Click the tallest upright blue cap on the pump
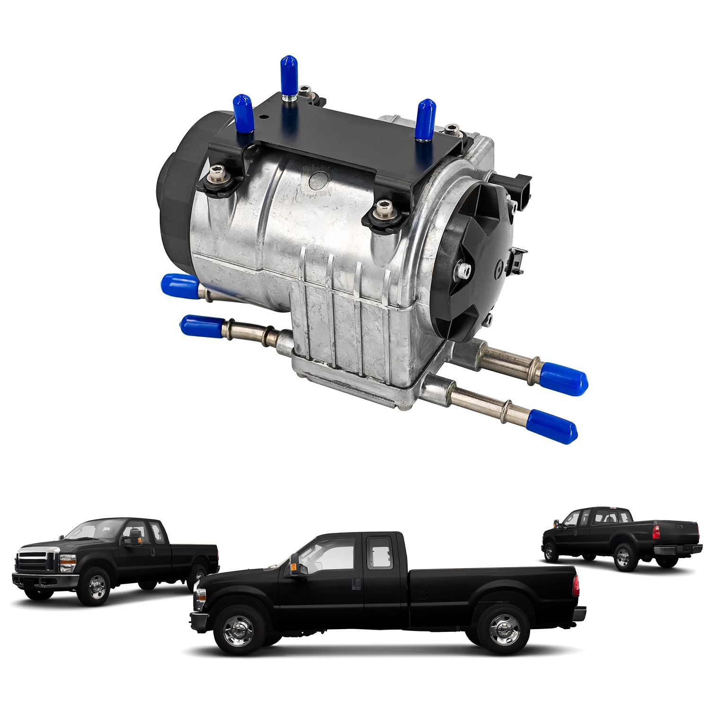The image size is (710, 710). [x=288, y=75]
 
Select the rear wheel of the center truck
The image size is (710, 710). [x=504, y=629]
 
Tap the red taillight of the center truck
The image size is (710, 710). [x=576, y=586]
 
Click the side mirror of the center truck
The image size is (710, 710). [x=295, y=566]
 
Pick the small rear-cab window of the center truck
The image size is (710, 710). [x=380, y=551]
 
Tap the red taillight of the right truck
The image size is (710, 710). [x=656, y=532]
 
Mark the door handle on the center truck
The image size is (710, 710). [x=356, y=584]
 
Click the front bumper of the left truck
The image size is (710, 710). [x=43, y=580]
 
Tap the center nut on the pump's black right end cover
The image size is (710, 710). [x=463, y=270]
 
